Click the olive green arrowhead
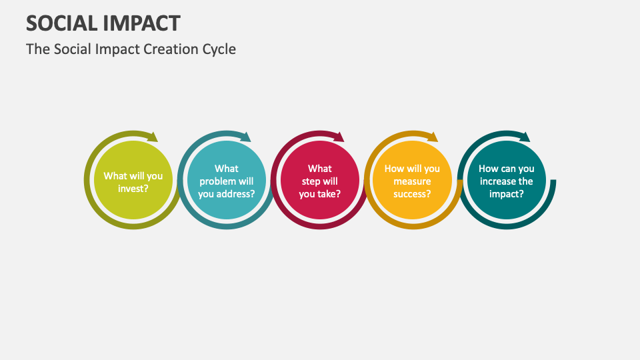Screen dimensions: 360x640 pos(153,137)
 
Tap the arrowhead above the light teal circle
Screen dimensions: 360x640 pos(246,137)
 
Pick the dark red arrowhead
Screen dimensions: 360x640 pos(339,137)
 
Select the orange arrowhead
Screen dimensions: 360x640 pos(433,137)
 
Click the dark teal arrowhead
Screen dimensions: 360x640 pos(525,137)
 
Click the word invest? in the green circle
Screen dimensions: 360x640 pos(133,188)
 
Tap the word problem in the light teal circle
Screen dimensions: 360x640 pos(217,181)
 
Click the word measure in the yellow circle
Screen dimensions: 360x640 pos(412,181)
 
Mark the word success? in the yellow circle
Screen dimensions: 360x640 pos(412,194)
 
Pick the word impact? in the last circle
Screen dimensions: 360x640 pos(506,194)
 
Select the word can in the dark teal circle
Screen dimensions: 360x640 pos(506,169)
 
